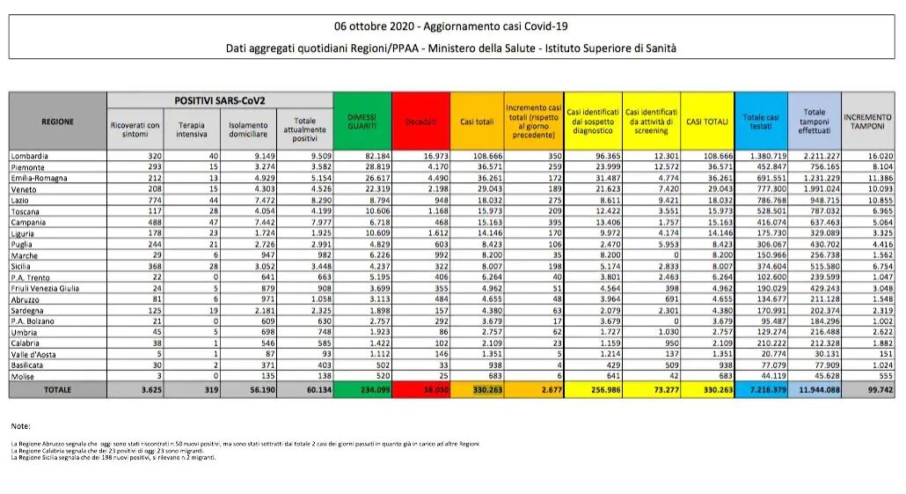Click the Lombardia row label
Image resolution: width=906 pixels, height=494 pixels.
pos(30,155)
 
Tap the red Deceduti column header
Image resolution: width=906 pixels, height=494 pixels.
pos(420,122)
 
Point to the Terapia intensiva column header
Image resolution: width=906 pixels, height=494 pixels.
pos(192,130)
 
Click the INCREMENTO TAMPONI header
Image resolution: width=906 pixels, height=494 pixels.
pos(867,122)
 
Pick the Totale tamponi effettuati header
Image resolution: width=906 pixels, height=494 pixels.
pos(814,122)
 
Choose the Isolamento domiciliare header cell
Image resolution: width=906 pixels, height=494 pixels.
pos(247,130)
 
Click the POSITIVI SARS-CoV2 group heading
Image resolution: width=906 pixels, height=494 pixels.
pos(219,101)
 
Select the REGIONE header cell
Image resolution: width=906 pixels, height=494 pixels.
pos(58,122)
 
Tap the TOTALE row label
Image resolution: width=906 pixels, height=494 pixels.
pos(58,388)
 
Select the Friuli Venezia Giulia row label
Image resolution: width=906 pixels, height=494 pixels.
pos(45,288)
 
